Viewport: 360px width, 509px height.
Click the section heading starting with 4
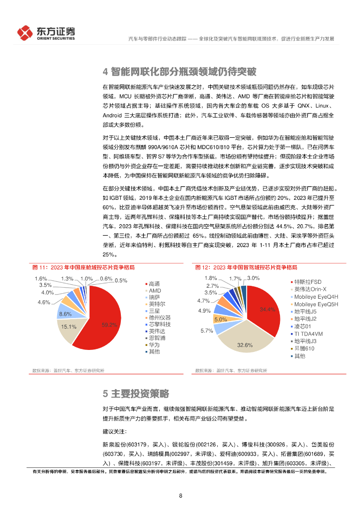[x=180, y=72]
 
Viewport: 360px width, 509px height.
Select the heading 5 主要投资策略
[x=136, y=394]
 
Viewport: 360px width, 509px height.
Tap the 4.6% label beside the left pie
[x=44, y=302]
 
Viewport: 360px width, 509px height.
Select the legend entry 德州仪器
[x=159, y=317]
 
